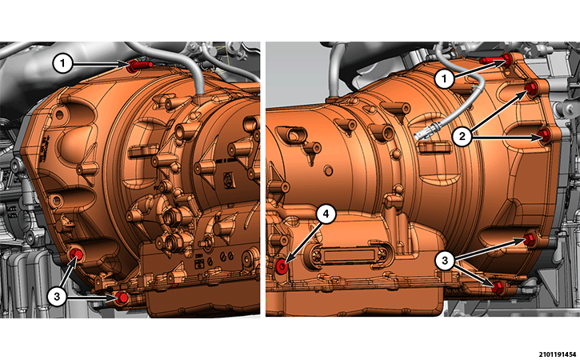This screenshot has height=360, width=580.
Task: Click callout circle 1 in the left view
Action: point(62,64)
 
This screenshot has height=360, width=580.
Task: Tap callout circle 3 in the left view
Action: point(57,296)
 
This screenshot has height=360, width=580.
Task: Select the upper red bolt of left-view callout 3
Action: point(77,254)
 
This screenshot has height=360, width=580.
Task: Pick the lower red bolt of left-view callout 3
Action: point(122,298)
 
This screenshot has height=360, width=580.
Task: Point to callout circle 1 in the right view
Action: point(444,78)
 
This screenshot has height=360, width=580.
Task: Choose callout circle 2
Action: point(462,137)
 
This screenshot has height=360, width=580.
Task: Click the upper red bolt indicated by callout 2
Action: point(531,88)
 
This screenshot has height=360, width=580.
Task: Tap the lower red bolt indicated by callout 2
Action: point(544,135)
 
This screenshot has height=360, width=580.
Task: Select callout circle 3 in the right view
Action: point(445,261)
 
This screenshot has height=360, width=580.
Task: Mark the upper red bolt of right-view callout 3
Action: point(530,239)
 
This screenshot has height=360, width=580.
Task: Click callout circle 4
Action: point(326,214)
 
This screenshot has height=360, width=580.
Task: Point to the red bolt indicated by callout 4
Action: point(282,266)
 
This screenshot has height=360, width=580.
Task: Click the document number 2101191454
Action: point(557,354)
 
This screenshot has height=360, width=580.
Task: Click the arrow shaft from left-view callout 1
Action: point(100,64)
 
